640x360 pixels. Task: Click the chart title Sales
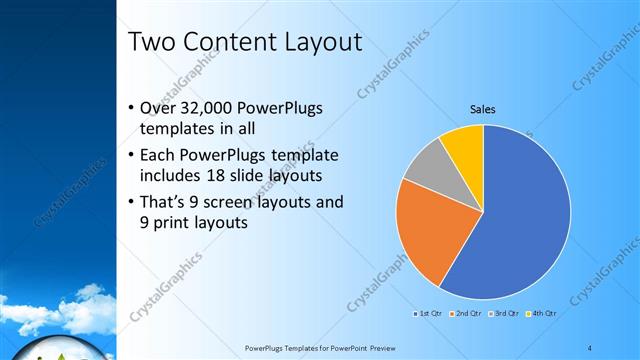[x=483, y=110]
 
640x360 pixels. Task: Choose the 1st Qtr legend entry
[x=430, y=313]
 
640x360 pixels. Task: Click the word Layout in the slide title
[x=319, y=42]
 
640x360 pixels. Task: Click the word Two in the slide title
[x=153, y=42]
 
